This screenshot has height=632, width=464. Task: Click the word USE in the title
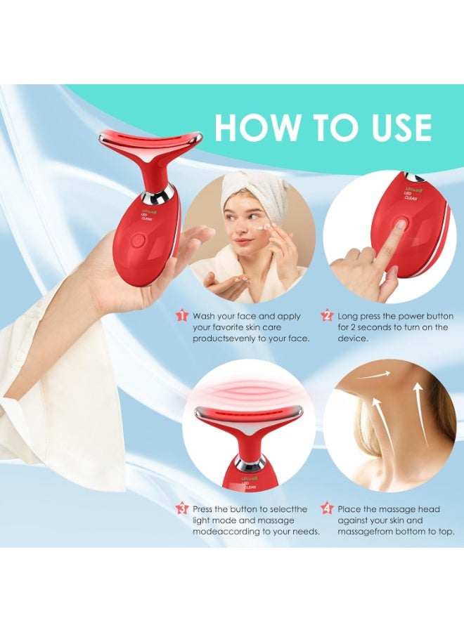[396, 128]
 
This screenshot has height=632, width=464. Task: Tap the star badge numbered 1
[182, 316]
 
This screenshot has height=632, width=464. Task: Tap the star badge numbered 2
[326, 316]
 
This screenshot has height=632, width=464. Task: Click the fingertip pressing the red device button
[399, 226]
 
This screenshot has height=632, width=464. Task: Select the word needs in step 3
[304, 532]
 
